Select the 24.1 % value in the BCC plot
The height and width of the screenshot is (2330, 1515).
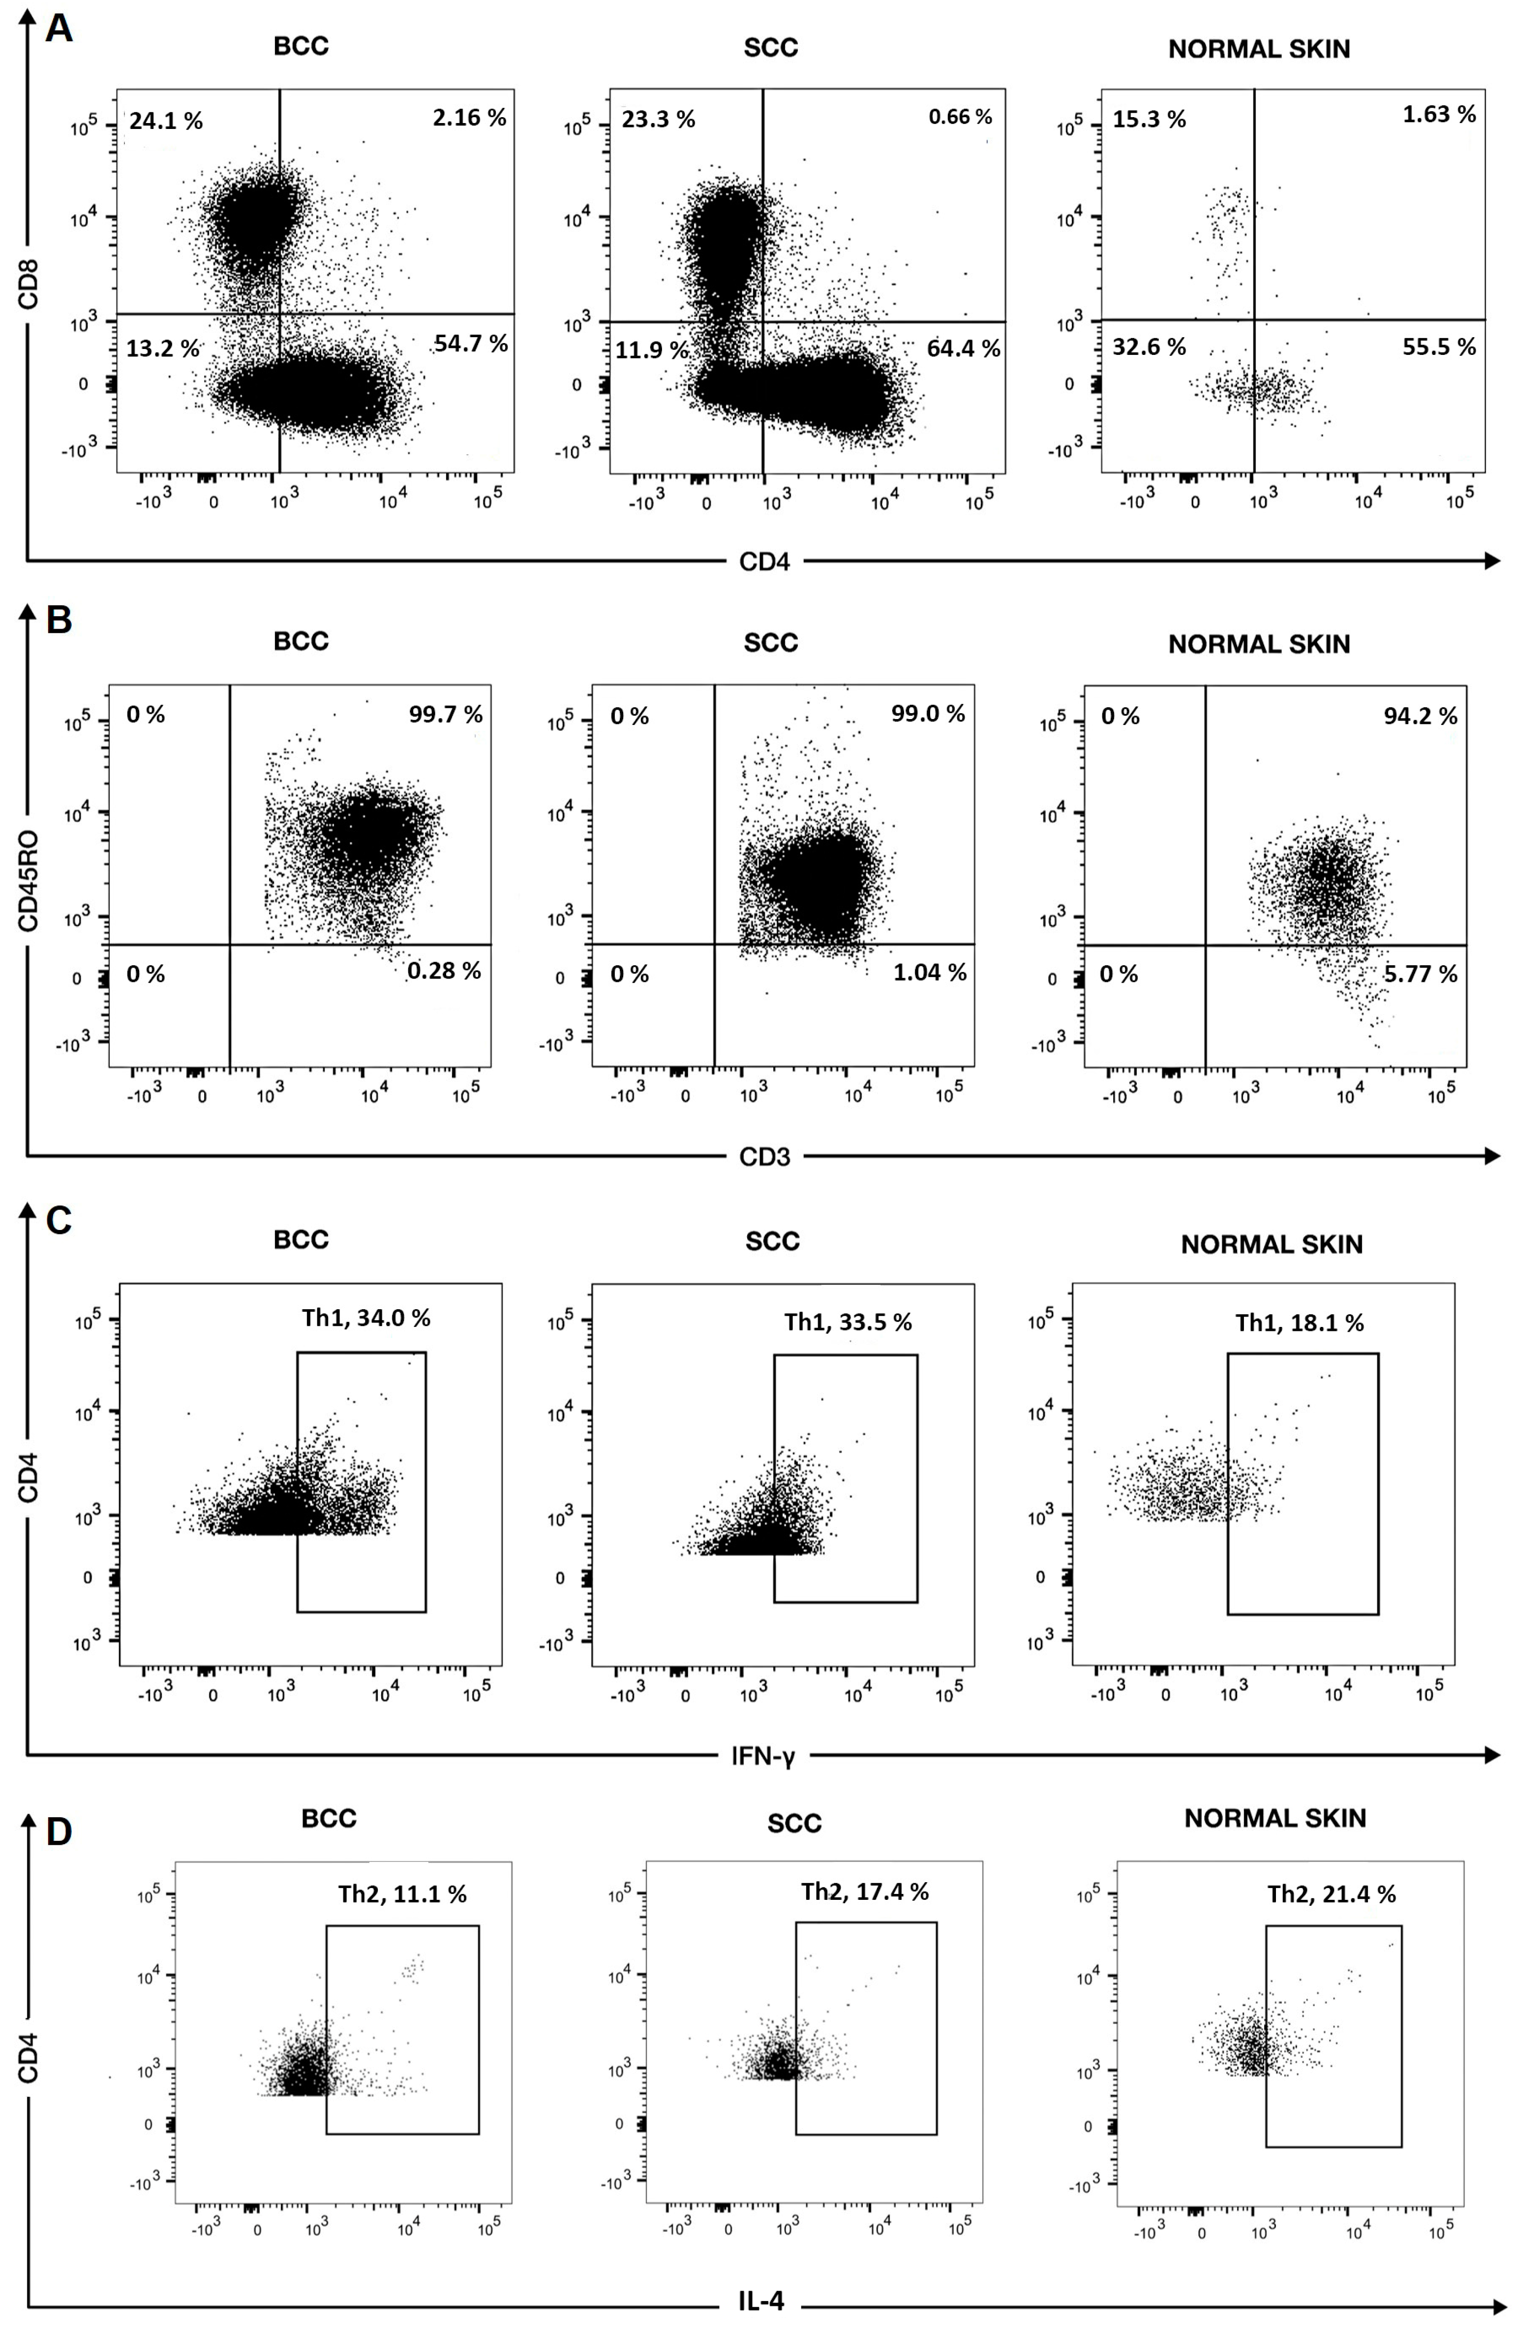pos(166,122)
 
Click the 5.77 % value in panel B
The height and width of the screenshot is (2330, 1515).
pos(1420,974)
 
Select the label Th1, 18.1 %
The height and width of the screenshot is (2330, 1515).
pos(1299,1323)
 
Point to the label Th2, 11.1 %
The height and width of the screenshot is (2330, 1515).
pos(402,1894)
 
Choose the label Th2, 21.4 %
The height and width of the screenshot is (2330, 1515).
pos(1331,1894)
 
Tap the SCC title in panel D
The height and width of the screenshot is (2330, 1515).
pos(794,1824)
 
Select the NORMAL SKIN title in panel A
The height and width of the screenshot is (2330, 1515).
pos(1259,49)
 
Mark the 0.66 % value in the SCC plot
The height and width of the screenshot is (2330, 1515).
pos(960,118)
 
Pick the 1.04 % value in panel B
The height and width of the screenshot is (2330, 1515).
pos(930,972)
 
